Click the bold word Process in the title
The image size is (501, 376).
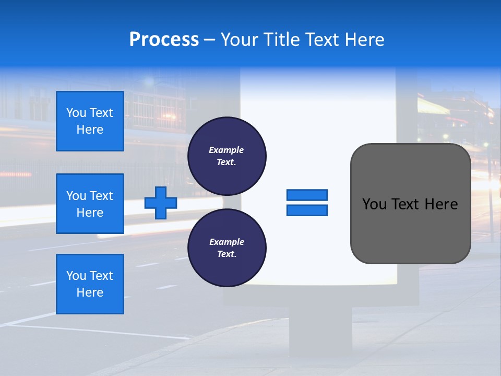[164, 39]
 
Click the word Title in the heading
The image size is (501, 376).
[282, 39]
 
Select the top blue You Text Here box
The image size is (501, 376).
[90, 121]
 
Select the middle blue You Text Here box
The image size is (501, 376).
[90, 204]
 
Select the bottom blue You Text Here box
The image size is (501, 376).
[90, 284]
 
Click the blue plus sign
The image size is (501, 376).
[161, 203]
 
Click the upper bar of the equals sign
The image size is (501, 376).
[307, 195]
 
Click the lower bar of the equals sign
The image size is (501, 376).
[307, 210]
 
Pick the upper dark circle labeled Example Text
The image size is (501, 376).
[226, 156]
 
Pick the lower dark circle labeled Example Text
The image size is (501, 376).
[226, 248]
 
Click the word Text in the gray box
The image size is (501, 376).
[406, 204]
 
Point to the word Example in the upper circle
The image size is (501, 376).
[226, 150]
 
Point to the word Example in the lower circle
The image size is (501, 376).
[226, 242]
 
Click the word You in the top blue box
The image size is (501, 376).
[76, 113]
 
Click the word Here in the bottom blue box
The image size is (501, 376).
[90, 292]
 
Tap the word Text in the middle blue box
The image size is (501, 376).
[101, 196]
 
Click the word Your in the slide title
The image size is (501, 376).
[237, 39]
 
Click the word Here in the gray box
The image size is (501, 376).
[441, 204]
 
